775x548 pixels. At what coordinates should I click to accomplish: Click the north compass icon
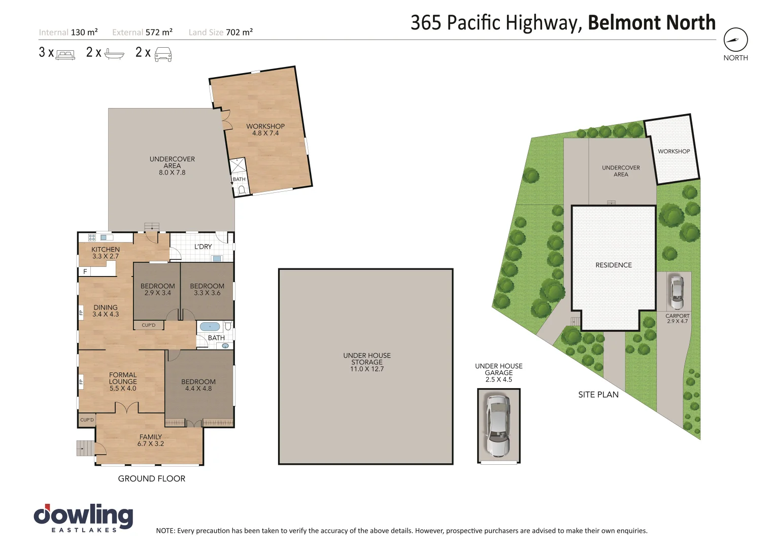pos(735,40)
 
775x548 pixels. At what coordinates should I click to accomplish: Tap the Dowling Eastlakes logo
pos(83,518)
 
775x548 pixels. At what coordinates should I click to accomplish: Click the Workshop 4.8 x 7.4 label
pos(265,129)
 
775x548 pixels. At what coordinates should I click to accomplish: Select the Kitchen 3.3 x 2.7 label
pos(106,253)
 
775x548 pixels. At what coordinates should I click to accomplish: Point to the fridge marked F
pos(85,271)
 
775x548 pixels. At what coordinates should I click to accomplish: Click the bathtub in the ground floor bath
pos(210,326)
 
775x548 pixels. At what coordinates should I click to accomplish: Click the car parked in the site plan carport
pos(677,292)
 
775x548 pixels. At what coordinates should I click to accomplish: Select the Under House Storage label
pos(367,362)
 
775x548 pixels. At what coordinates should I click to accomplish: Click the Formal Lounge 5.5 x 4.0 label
pos(123,382)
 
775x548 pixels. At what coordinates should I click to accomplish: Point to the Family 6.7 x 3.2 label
pos(151,440)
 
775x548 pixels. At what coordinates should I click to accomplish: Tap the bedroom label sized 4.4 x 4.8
pos(198,385)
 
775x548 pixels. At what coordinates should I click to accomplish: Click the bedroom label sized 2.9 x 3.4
pos(158,289)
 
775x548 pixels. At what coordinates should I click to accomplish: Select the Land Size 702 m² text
pos(221,32)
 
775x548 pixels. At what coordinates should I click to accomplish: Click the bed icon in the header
pos(65,54)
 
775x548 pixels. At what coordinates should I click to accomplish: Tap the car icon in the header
pos(163,54)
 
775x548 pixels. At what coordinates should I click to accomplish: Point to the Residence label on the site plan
pos(613,265)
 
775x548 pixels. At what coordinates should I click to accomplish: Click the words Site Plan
pos(598,394)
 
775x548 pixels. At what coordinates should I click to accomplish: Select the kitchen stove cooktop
pos(92,237)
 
